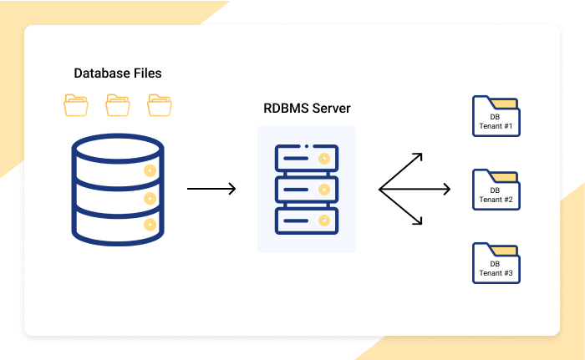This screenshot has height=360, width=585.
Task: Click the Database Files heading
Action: click(118, 74)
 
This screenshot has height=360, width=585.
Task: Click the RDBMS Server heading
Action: click(307, 109)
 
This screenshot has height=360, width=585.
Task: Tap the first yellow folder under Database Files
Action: click(76, 105)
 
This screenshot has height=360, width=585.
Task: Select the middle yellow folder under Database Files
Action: click(118, 105)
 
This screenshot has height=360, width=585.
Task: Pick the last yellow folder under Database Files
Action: click(159, 105)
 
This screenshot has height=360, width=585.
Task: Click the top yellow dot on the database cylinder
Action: click(150, 170)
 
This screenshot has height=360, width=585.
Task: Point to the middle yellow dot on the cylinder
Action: click(150, 198)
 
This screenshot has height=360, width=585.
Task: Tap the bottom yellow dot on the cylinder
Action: click(150, 225)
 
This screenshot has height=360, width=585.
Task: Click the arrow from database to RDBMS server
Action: click(211, 190)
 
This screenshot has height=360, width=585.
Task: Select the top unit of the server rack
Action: click(306, 157)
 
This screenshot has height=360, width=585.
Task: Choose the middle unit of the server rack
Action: click(306, 190)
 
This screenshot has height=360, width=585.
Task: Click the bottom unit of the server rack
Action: click(306, 221)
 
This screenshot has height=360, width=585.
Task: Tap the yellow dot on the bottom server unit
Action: click(323, 221)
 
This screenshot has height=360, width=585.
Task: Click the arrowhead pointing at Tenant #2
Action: click(446, 190)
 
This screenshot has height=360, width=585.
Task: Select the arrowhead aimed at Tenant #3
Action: click(419, 221)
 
